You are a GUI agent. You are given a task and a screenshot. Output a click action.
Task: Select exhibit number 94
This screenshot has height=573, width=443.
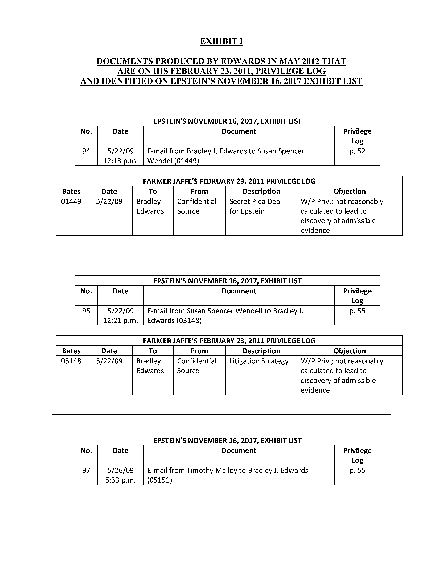pos(86,151)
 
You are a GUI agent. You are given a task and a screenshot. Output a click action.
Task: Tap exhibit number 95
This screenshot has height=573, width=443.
pos(86,311)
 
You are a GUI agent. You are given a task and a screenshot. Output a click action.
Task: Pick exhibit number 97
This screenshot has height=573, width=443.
pos(86,470)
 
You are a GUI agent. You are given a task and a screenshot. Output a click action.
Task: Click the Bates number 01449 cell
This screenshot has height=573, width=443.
pos(71,201)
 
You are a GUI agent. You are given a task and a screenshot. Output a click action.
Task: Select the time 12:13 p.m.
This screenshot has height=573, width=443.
pos(120,161)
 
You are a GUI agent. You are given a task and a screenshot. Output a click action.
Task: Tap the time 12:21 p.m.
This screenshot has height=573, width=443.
pos(120,321)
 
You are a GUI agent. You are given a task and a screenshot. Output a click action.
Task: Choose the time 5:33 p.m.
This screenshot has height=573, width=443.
pos(120,480)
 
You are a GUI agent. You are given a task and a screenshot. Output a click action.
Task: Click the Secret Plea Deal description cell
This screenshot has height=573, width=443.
pos(255,206)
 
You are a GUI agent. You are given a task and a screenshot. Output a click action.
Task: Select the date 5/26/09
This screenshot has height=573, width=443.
pos(120,470)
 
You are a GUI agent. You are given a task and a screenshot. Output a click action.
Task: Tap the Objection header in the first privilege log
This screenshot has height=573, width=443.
pos(349,191)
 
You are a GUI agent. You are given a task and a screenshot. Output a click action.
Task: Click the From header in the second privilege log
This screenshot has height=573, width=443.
pos(199,351)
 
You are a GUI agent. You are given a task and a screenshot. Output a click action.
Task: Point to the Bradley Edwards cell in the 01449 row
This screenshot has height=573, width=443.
pos(150,206)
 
